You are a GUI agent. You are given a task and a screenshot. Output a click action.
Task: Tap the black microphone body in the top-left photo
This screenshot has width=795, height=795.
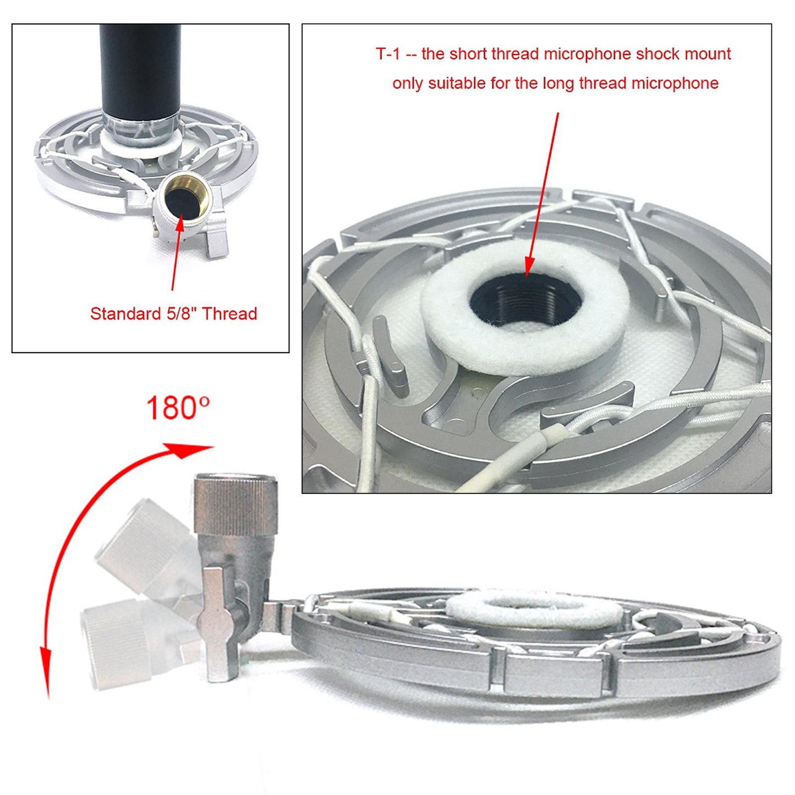[x=140, y=69]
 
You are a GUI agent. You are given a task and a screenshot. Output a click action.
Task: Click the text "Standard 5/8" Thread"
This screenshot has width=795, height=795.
[x=173, y=314]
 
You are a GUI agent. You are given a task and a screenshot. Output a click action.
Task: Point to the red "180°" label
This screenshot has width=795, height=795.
[x=177, y=407]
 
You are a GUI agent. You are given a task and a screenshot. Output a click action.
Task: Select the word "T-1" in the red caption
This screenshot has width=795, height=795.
[x=388, y=54]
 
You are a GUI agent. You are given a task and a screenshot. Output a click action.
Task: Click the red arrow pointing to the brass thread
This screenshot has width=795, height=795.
[x=177, y=251]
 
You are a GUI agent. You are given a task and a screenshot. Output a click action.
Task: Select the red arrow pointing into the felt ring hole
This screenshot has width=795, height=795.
[x=542, y=194]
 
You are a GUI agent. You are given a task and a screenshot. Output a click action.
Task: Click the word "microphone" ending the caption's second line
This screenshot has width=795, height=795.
[x=675, y=83]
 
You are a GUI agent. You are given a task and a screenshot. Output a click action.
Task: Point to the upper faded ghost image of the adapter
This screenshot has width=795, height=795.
[x=144, y=545]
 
